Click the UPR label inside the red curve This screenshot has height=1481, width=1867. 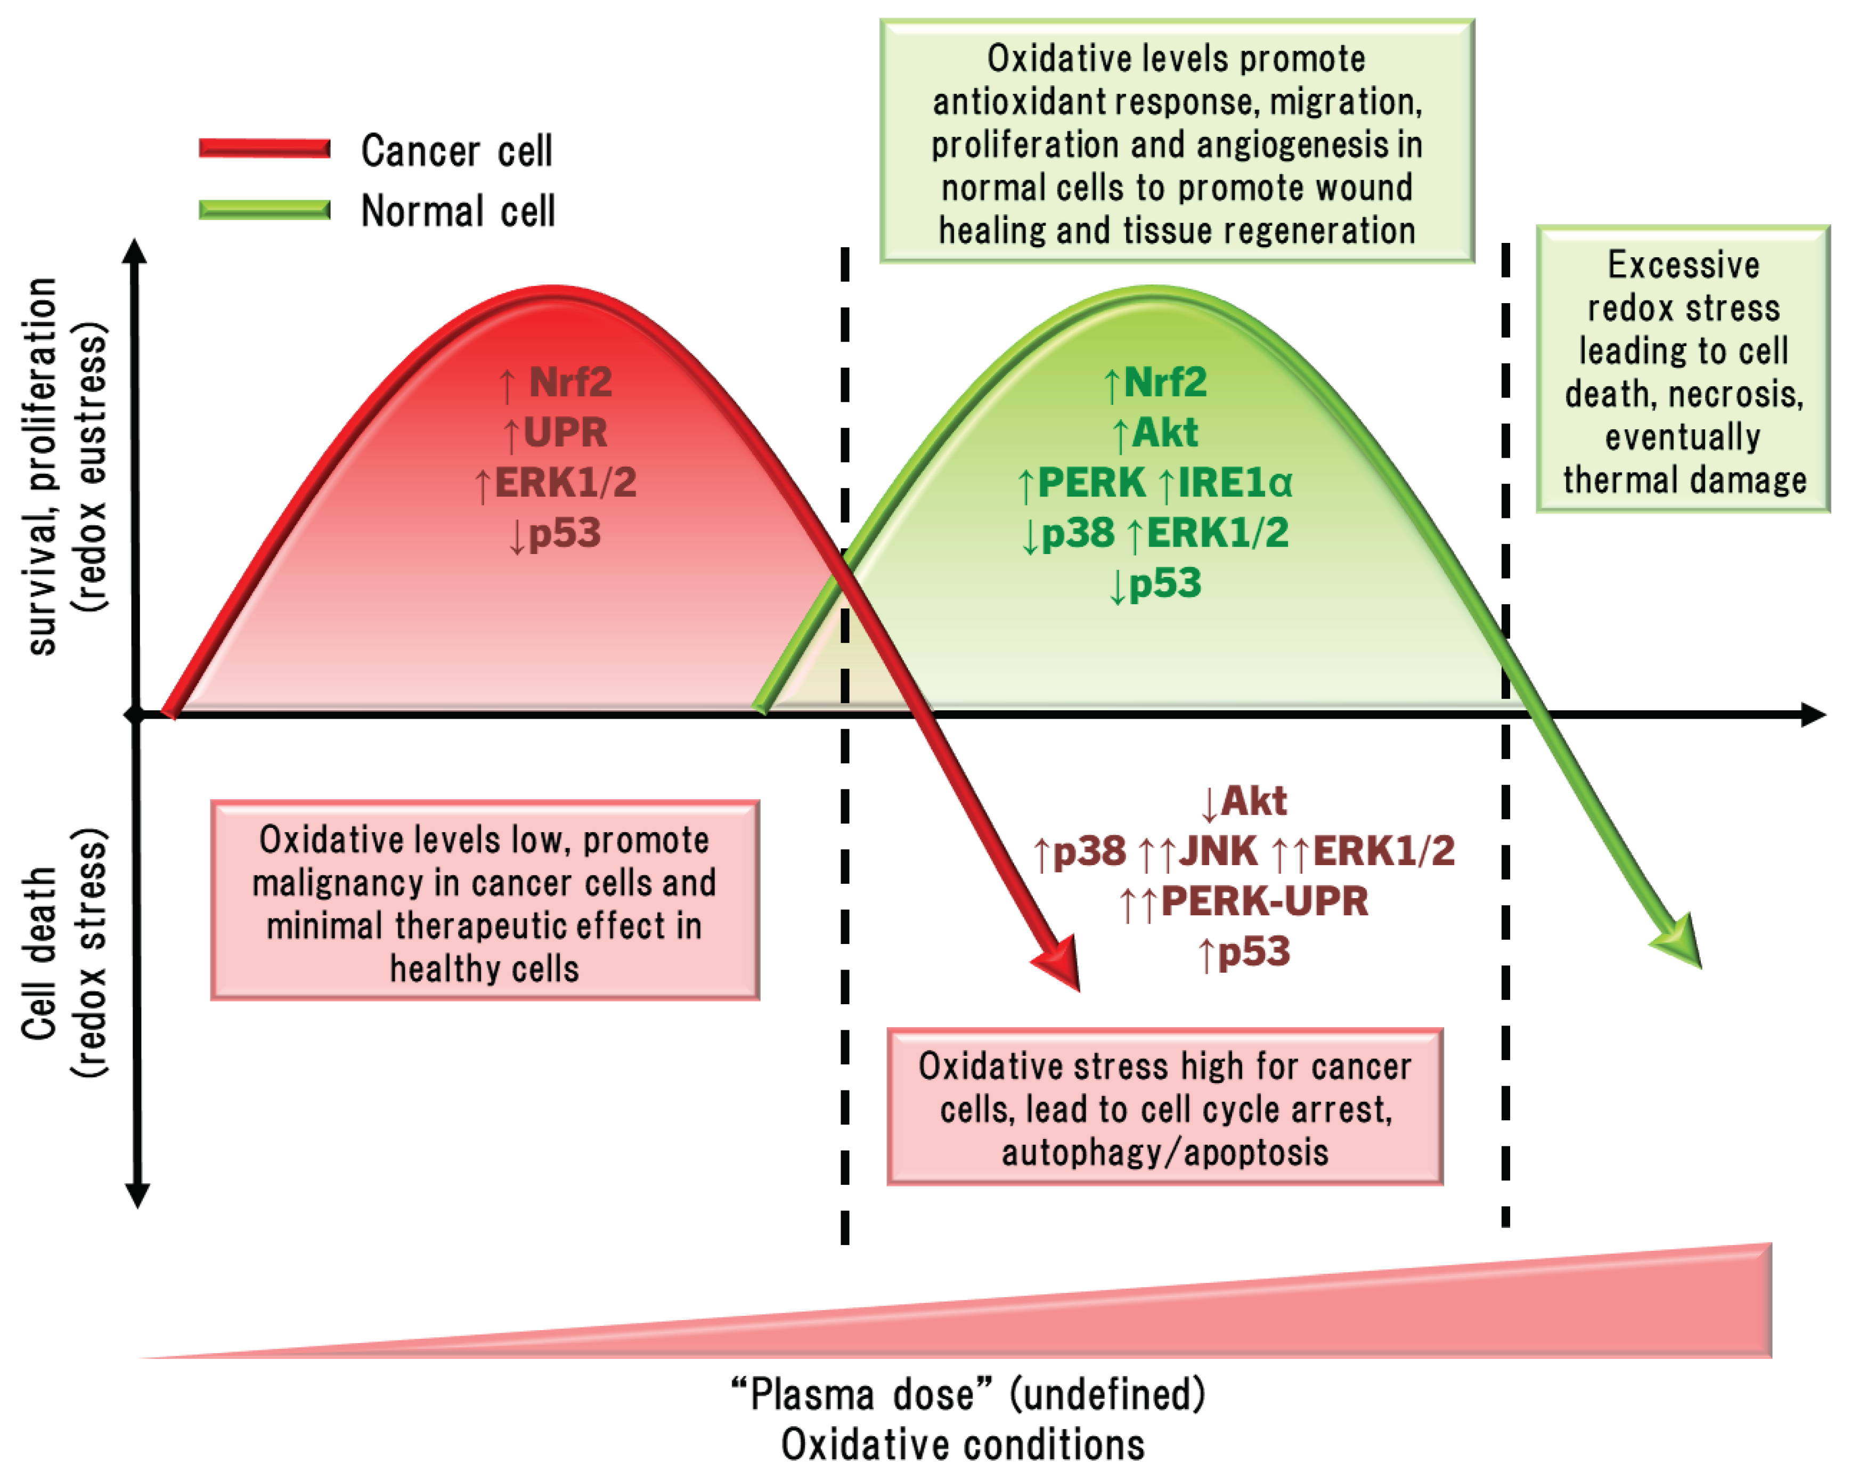click(x=565, y=432)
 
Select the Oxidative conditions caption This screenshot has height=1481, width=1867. click(x=963, y=1445)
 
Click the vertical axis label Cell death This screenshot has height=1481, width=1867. click(x=39, y=953)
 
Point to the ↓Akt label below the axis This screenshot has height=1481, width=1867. click(x=1244, y=801)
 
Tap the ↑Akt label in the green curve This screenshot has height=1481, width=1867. click(x=1155, y=432)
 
